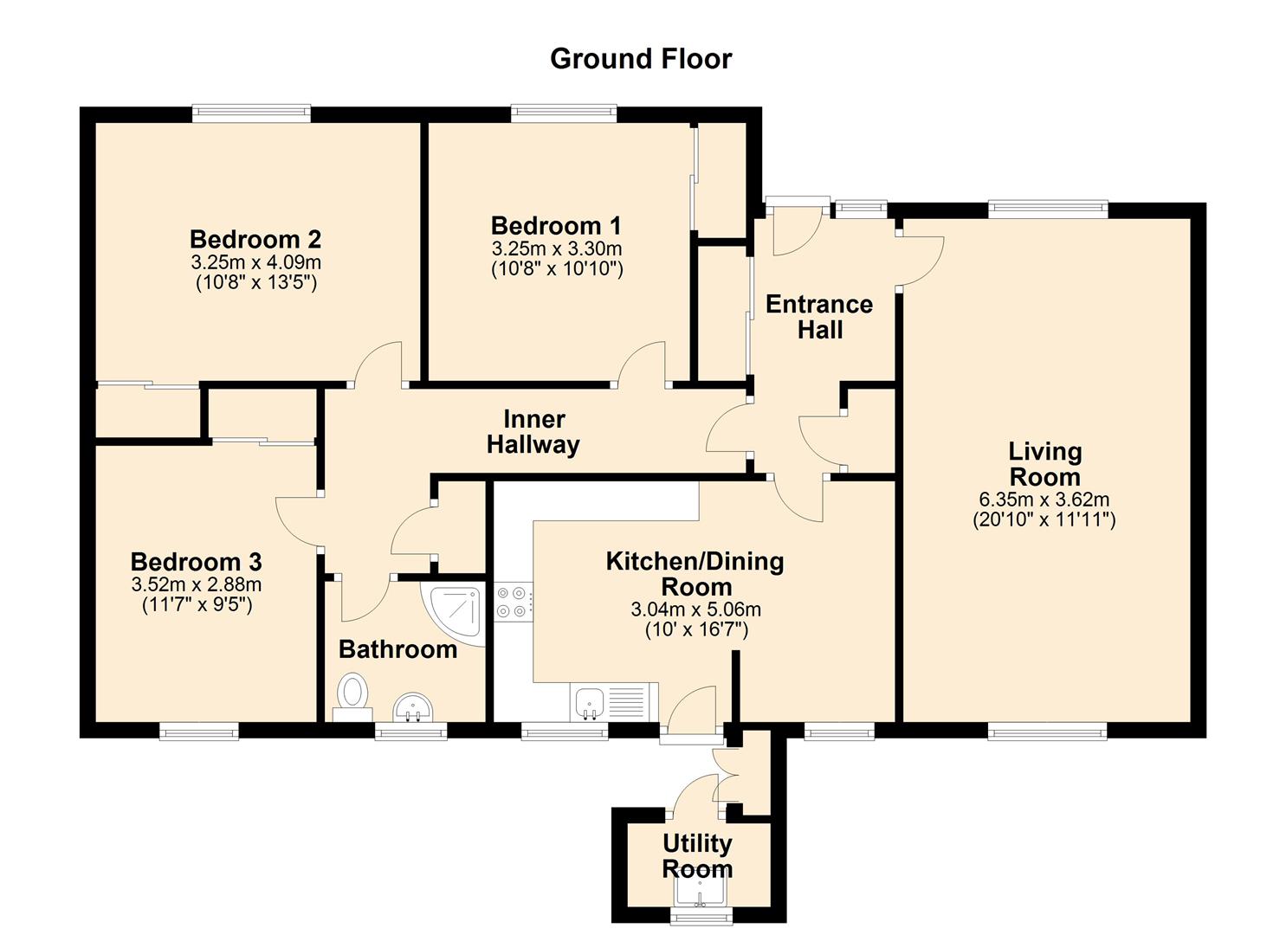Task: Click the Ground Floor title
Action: click(641, 59)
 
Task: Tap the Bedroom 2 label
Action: click(255, 239)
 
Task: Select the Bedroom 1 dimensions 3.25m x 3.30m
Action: click(556, 248)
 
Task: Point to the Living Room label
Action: click(1045, 464)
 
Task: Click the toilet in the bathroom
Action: click(352, 698)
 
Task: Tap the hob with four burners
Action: click(514, 601)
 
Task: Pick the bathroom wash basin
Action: click(413, 707)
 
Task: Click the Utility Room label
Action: click(697, 856)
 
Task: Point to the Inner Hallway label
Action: click(533, 432)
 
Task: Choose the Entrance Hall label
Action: click(820, 317)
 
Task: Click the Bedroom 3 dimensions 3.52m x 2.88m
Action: click(197, 585)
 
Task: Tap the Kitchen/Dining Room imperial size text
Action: click(696, 629)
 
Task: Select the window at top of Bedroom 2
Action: click(251, 113)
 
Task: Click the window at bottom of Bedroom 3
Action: click(198, 732)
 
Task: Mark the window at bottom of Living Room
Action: click(1047, 732)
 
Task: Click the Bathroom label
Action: click(397, 649)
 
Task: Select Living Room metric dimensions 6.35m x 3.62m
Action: click(1044, 499)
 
